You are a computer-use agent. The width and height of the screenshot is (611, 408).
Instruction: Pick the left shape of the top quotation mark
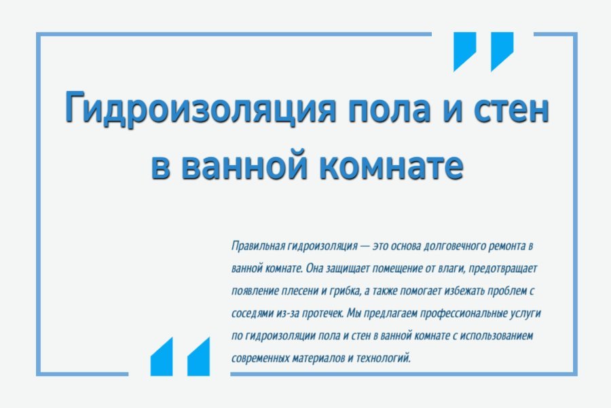click(x=465, y=52)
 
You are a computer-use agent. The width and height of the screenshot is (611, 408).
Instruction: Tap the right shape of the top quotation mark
click(x=502, y=52)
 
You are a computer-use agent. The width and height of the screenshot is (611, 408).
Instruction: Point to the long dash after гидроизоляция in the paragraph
click(x=365, y=245)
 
